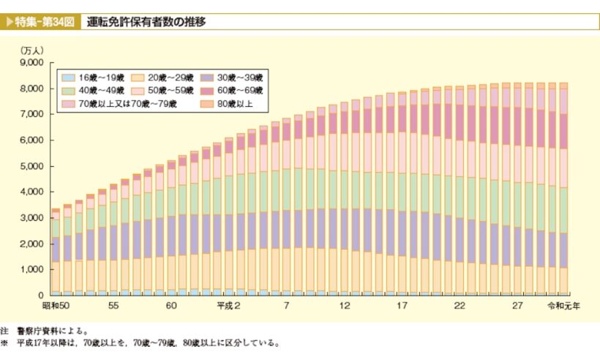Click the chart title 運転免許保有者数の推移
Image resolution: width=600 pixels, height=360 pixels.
tap(146, 22)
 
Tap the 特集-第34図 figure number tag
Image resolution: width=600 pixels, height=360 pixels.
tap(42, 22)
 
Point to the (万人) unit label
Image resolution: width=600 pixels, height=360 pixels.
tap(33, 50)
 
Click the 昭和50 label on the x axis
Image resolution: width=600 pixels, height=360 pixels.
tap(56, 305)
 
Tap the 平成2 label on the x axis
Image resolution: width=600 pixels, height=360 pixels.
tap(229, 305)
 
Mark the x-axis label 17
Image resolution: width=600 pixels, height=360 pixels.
tap(402, 305)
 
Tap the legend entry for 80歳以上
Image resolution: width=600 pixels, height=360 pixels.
tap(230, 103)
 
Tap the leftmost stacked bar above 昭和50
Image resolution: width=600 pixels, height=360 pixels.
tap(56, 252)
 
